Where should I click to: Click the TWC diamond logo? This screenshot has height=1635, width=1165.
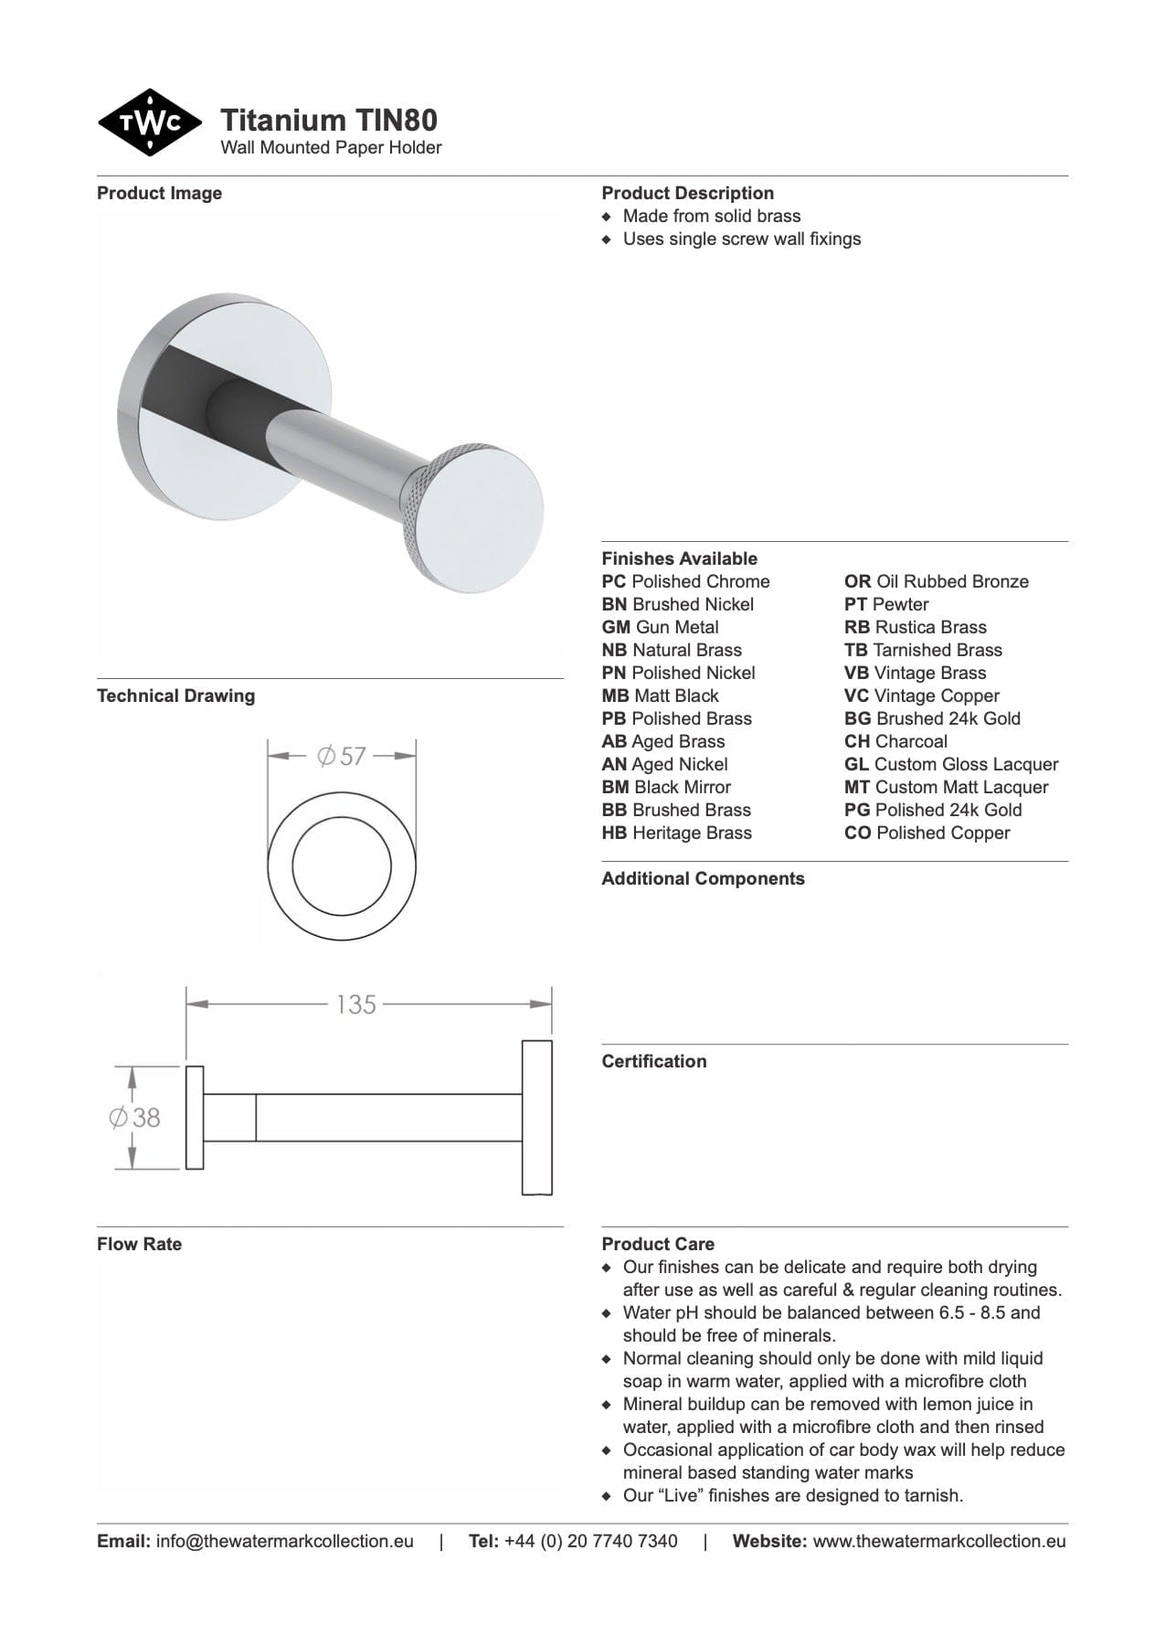tap(149, 123)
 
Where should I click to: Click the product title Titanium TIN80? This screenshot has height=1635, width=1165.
tap(329, 120)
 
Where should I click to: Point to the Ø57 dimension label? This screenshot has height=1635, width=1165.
tap(341, 757)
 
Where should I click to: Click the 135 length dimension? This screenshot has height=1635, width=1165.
tap(355, 1004)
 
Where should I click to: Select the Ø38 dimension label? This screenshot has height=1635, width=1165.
tap(134, 1117)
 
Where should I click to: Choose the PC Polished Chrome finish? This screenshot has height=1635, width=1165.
tap(685, 582)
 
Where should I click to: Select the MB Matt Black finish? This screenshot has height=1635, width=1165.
tap(660, 696)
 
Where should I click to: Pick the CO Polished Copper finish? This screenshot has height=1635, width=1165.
tap(927, 833)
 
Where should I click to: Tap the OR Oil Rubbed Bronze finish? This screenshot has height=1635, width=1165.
tap(936, 582)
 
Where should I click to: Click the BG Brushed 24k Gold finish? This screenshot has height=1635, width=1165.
tap(932, 719)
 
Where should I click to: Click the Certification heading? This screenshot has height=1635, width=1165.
tap(653, 1062)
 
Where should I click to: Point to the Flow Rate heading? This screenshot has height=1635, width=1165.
tap(139, 1245)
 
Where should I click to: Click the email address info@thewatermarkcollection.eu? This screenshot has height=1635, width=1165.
tap(284, 1542)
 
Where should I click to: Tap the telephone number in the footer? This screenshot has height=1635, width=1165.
tap(590, 1542)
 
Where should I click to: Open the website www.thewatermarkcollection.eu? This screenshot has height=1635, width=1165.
tap(938, 1542)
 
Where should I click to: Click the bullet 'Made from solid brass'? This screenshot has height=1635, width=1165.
tap(711, 217)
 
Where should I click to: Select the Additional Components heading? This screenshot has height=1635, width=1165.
tap(703, 879)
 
